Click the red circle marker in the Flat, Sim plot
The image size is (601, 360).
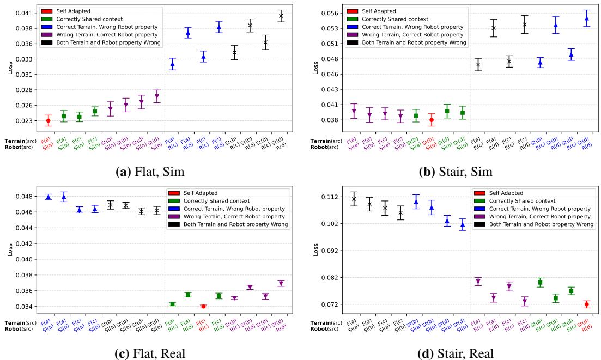[48, 120]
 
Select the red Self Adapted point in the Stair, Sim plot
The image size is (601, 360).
[432, 120]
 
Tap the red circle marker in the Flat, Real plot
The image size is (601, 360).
[203, 307]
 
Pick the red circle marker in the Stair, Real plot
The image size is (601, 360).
[587, 304]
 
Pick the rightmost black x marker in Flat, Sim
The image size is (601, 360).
[281, 16]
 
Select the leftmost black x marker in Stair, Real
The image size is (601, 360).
[354, 199]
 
